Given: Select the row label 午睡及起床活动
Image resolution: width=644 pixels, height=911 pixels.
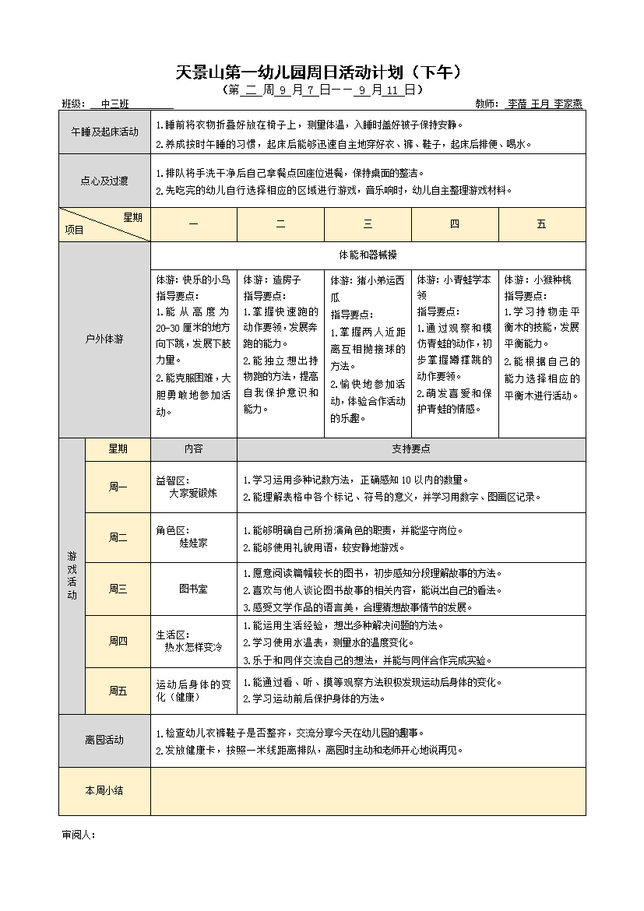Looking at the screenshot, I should click(x=104, y=132).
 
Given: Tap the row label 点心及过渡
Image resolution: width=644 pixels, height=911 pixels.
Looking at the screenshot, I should click(x=104, y=181).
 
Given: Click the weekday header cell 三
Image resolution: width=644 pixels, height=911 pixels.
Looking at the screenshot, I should click(x=368, y=224).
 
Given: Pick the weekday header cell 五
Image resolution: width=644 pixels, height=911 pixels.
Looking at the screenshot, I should click(x=541, y=224).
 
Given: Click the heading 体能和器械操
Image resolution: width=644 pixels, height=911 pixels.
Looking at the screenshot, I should click(x=368, y=255).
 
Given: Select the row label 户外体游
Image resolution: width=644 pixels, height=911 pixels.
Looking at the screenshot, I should click(x=104, y=339).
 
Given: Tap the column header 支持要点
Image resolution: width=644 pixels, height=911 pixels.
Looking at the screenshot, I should click(x=411, y=449).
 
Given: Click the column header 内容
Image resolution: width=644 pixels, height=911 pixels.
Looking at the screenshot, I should click(x=193, y=449).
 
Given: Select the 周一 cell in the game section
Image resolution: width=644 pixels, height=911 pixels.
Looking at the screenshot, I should click(x=118, y=487).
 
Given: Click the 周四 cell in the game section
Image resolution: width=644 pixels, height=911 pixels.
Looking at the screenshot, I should click(x=118, y=641).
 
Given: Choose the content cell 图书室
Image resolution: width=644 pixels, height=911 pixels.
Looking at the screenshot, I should click(x=193, y=589).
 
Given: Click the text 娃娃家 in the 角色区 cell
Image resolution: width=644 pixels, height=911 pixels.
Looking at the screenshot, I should click(x=193, y=543).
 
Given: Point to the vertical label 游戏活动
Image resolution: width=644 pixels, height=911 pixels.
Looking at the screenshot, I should click(x=72, y=575).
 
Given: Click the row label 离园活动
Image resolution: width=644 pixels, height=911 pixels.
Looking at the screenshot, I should click(x=104, y=740).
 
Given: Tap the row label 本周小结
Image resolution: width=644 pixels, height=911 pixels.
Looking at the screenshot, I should click(x=104, y=790).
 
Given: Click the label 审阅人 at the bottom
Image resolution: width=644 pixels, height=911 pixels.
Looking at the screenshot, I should click(x=78, y=835).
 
